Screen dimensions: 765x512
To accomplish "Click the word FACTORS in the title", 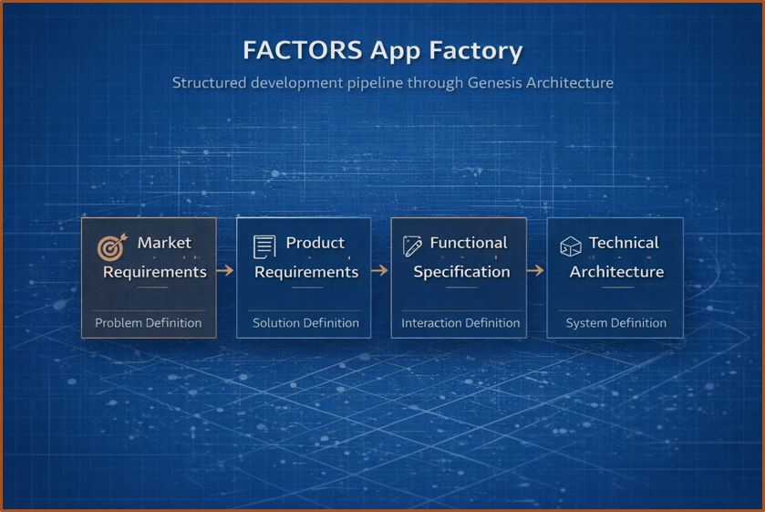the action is (303, 50).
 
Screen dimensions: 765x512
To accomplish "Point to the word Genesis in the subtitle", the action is (494, 82).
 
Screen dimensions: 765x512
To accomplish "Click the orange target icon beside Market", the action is (112, 246).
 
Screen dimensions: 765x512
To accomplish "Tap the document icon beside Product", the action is (264, 246).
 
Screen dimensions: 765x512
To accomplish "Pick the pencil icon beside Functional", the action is (412, 246).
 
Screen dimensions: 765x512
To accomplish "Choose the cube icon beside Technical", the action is (571, 246).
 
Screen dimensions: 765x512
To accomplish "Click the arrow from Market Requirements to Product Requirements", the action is (225, 270).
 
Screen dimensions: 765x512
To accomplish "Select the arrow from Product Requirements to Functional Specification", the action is (379, 270).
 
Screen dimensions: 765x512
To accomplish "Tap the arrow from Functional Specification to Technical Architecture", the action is (535, 270).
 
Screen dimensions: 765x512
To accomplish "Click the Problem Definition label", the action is (149, 323).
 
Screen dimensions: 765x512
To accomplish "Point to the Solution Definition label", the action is (305, 323).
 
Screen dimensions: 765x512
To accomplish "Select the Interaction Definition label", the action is (460, 323).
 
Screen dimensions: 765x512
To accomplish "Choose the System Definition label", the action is (616, 323).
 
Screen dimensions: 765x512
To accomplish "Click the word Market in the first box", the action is (164, 243).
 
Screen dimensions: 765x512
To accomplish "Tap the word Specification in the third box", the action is (461, 272).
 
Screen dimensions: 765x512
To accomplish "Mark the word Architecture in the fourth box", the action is (616, 272).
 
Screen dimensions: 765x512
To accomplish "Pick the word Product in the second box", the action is (315, 243).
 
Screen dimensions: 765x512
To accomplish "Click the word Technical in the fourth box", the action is (624, 243).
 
